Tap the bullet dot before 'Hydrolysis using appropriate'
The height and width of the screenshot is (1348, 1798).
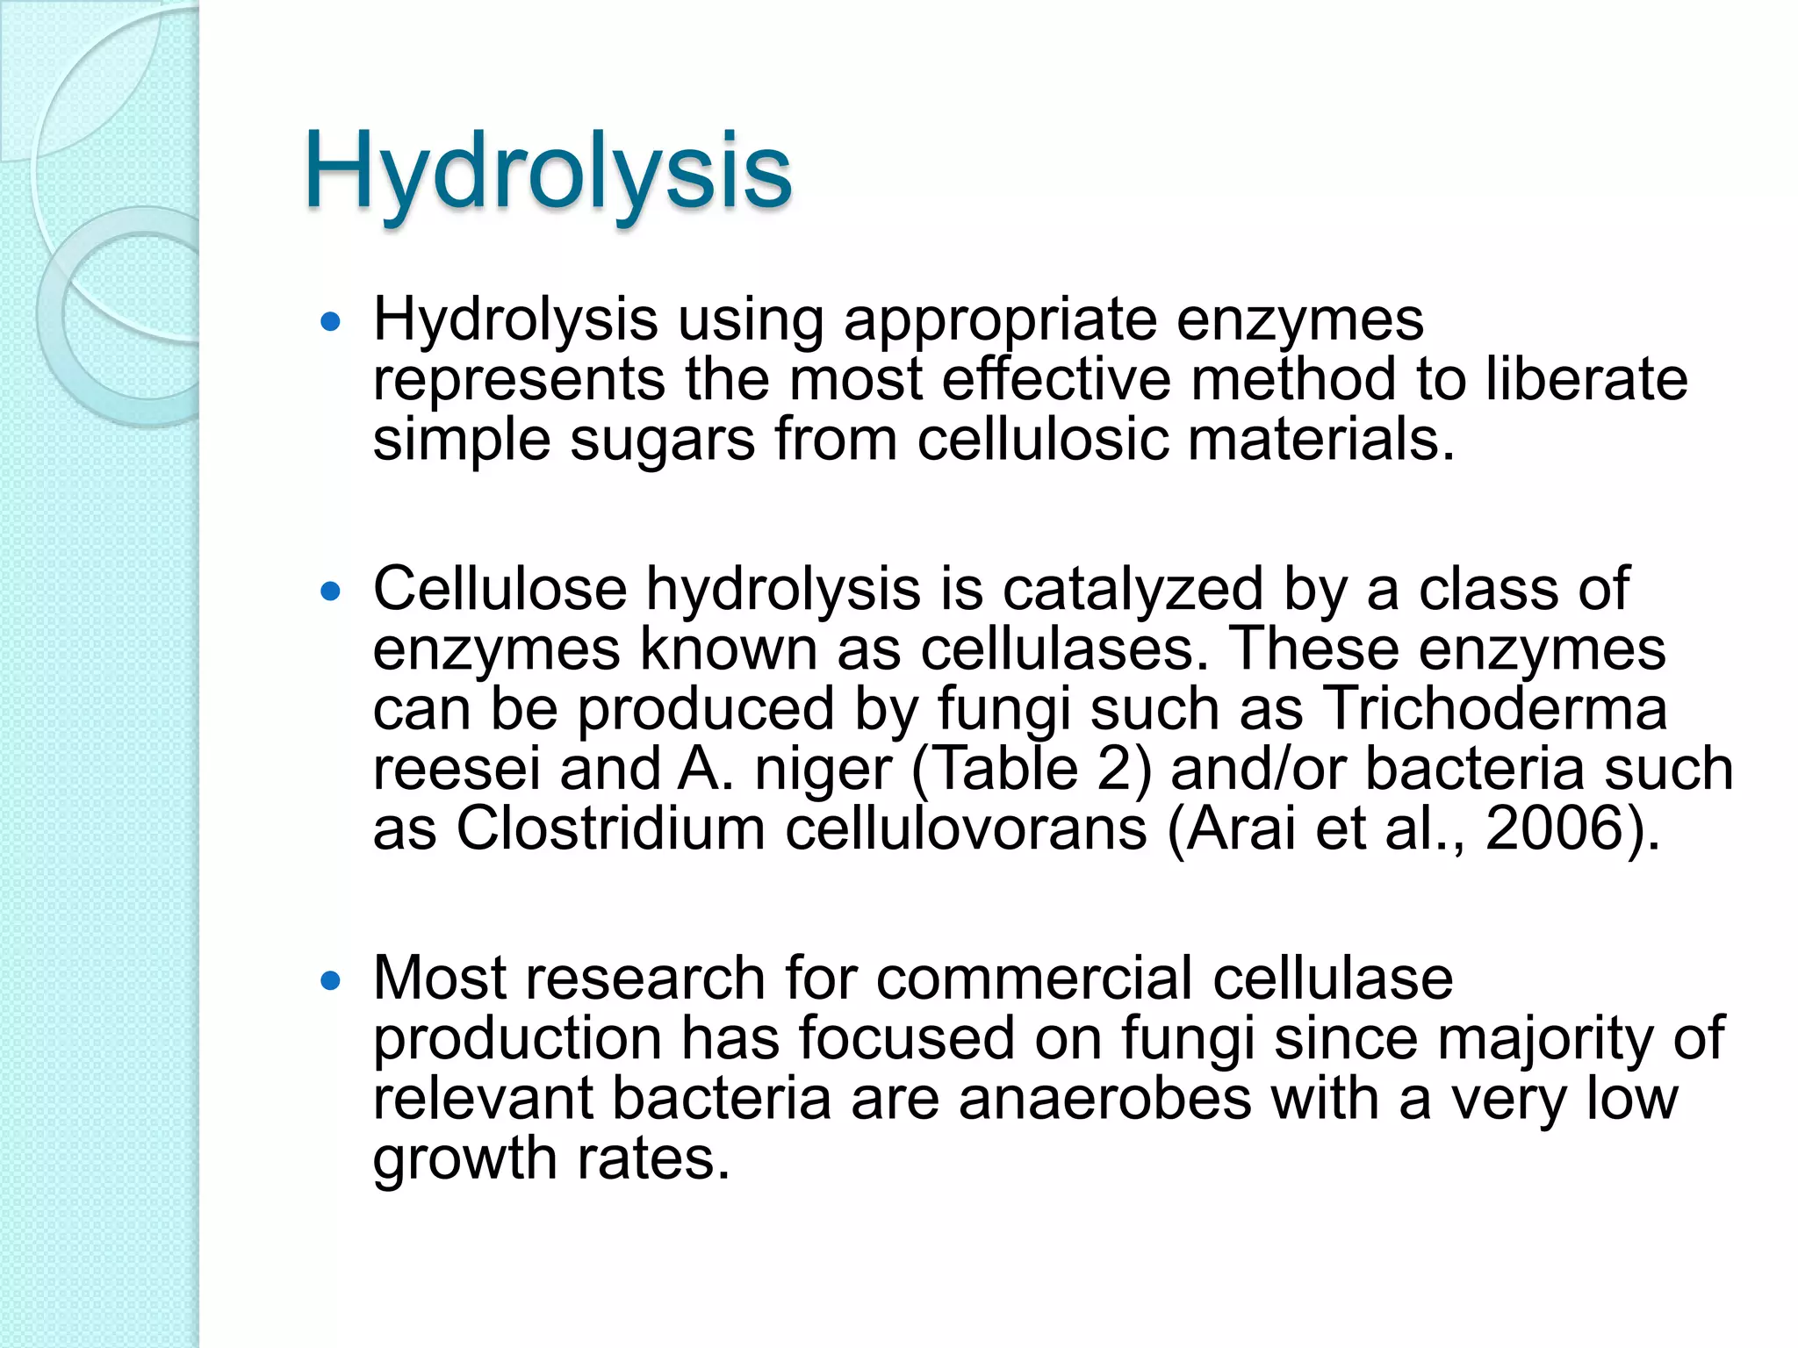(330, 322)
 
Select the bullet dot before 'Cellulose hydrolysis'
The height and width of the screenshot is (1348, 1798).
(330, 592)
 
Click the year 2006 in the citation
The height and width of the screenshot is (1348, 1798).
(1557, 828)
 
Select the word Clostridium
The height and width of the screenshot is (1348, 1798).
(610, 828)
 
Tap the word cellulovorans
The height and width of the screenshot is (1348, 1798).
(966, 828)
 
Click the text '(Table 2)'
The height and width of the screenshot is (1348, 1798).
(1032, 769)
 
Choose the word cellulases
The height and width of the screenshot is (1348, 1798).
(1058, 649)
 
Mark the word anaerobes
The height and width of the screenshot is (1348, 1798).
(1104, 1099)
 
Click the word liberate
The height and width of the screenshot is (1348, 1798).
(1586, 379)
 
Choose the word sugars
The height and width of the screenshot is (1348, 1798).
(662, 441)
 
